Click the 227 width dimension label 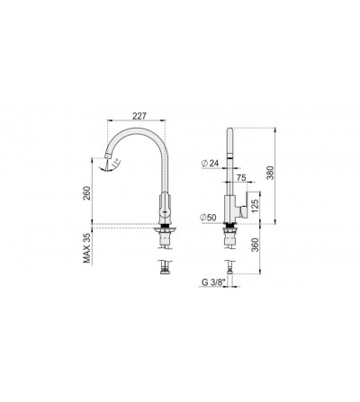pos(139,116)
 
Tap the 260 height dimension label pos(86,193)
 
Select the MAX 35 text pos(87,248)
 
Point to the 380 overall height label pos(271,173)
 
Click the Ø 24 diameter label pos(211,164)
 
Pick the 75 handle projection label pos(241,177)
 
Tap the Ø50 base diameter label pos(209,218)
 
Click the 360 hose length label pos(255,245)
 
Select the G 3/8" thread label pos(211,282)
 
